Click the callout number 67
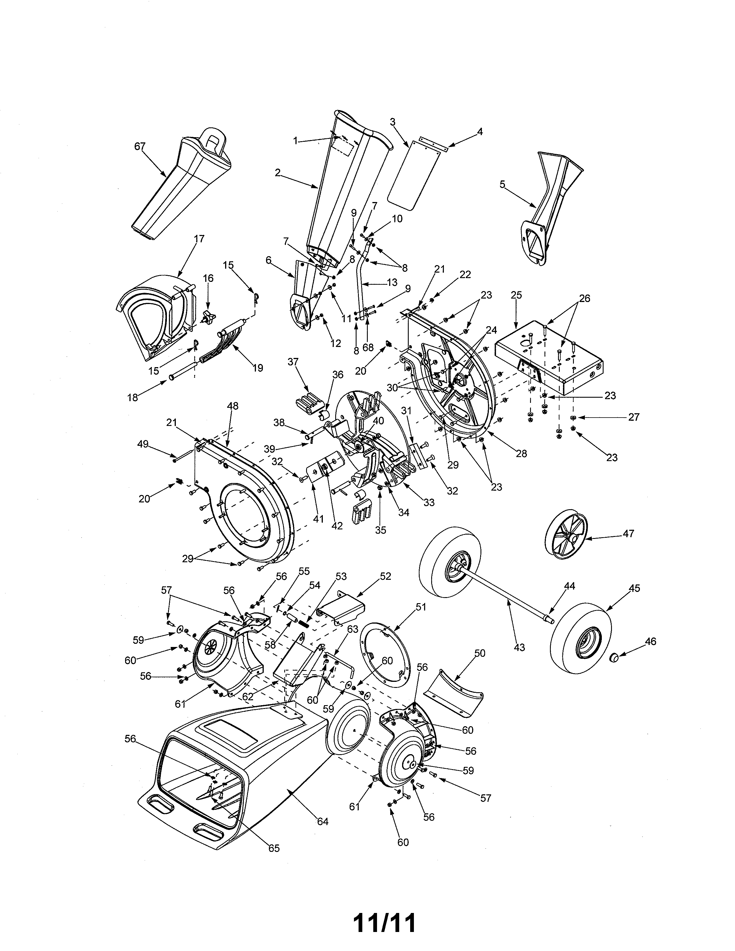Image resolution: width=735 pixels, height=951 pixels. (140, 146)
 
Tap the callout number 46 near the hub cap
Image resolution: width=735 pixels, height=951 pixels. (651, 641)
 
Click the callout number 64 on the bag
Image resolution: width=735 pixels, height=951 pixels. (323, 822)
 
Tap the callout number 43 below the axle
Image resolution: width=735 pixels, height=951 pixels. (519, 660)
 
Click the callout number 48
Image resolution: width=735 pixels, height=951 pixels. (233, 406)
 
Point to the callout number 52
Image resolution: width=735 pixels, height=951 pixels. (385, 576)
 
